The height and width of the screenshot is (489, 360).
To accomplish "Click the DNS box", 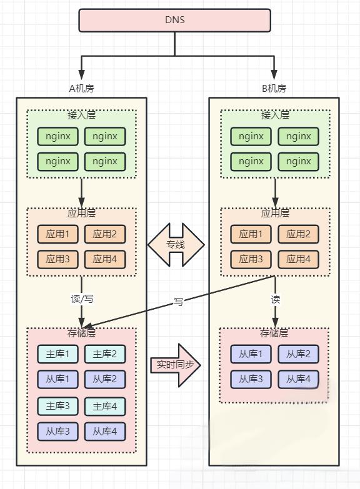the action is coord(174,20).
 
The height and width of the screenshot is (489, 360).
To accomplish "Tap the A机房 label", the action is coord(81,88).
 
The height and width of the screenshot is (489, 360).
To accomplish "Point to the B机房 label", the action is coord(274,88).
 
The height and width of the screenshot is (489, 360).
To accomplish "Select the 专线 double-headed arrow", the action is coord(176,245).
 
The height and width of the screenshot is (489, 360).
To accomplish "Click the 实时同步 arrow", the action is coord(176,365).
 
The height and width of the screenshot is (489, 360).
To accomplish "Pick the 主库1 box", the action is coord(57,354).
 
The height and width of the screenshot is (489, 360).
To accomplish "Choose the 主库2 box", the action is coord(105,354).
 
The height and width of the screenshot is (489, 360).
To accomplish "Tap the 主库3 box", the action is coord(57,406).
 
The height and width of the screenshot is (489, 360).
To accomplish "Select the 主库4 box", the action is coord(105,406).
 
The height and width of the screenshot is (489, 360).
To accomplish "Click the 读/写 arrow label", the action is coord(82,299).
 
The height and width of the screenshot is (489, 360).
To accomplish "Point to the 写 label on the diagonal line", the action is coord(178,301).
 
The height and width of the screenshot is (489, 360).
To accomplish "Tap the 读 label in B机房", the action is coord(276,299).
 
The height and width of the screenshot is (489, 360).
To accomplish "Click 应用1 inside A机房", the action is coord(57,234).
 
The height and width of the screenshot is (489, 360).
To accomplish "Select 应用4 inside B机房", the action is coord(299,259).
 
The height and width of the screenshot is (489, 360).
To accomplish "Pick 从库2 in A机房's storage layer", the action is coord(105,379).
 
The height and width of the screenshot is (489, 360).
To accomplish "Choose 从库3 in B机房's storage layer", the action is coord(251,379).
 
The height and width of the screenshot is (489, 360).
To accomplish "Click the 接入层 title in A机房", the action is coord(81,115).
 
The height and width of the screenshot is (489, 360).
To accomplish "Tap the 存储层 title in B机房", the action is coord(274,333).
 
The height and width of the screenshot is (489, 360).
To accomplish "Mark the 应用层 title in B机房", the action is coord(275,213).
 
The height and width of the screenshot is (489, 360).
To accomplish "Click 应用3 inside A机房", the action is coord(57,259).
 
